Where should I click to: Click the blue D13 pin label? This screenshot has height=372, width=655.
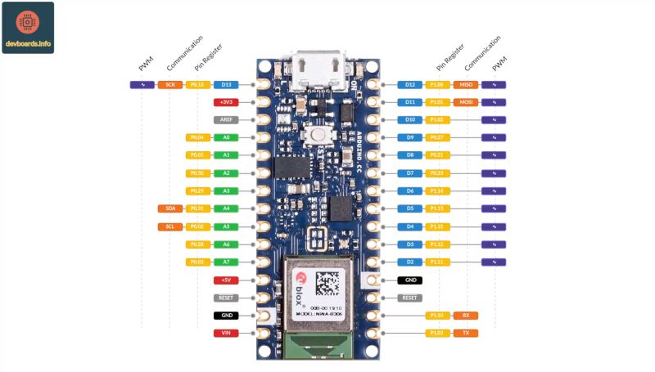tap(226, 84)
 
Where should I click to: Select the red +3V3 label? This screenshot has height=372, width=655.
tap(226, 102)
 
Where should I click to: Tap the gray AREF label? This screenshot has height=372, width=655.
tap(226, 119)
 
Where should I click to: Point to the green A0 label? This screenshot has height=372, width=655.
tap(226, 137)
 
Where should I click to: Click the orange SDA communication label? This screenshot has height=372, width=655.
tap(170, 208)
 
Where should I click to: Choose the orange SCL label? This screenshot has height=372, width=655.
tap(170, 226)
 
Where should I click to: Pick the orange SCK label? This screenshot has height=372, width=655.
tap(170, 84)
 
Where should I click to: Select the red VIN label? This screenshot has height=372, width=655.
tap(226, 333)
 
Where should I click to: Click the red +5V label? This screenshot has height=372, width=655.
tap(226, 280)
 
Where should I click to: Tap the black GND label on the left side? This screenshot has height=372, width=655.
tap(226, 315)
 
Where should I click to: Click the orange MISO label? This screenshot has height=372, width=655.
tap(466, 84)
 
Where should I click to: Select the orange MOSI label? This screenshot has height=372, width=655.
tap(466, 102)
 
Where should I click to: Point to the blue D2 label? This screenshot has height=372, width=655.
tap(410, 262)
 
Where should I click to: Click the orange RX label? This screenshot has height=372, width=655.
tap(466, 315)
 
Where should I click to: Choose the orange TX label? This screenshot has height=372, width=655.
tap(466, 333)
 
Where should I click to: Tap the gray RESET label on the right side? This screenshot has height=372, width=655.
tap(410, 298)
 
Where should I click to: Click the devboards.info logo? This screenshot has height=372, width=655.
tap(28, 28)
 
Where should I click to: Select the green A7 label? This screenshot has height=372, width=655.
tap(226, 262)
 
